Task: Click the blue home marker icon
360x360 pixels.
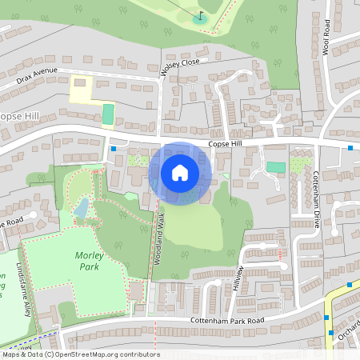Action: click(x=180, y=172)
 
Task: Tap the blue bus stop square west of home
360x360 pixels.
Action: click(x=114, y=148)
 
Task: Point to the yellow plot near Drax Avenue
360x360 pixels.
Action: click(x=82, y=90)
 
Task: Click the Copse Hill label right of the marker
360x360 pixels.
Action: click(x=224, y=144)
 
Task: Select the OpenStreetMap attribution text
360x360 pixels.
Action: click(x=80, y=354)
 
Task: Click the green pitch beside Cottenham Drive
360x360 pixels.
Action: click(x=276, y=167)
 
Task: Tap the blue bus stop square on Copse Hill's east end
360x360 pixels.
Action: click(x=350, y=147)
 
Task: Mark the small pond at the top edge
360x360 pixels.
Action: click(x=200, y=18)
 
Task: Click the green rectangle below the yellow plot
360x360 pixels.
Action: click(x=107, y=114)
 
